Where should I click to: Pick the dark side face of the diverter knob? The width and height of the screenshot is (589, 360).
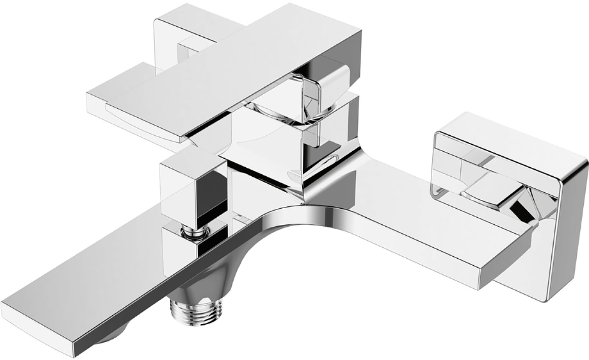[214, 192]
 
